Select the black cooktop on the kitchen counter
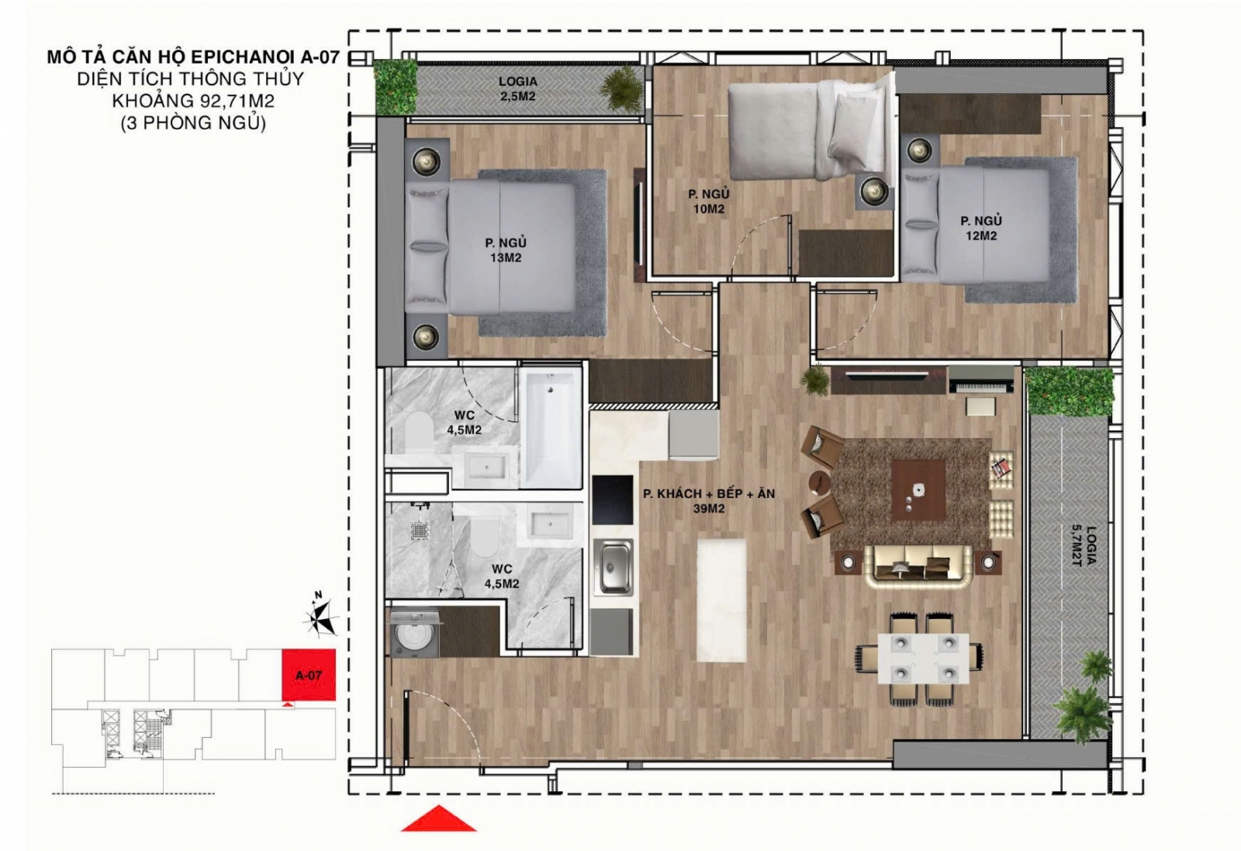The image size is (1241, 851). point(612,499)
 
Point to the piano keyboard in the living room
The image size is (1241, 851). point(981,379)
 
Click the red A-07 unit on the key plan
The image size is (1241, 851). point(309,674)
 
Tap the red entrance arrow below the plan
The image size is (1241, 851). point(438,819)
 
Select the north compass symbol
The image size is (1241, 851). point(320,616)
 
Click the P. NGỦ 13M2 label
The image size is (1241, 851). point(505,250)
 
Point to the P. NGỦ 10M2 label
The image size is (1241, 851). point(709,202)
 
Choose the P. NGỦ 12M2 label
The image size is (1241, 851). point(980,228)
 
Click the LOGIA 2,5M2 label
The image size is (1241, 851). point(517,88)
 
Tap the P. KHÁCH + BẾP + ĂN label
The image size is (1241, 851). point(709,493)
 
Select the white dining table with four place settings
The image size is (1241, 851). point(923,659)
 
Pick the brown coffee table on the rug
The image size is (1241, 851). point(918,490)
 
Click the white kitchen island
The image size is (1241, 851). point(721,600)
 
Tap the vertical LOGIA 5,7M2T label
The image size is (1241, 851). point(1084,545)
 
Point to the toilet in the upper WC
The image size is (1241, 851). point(419,434)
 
